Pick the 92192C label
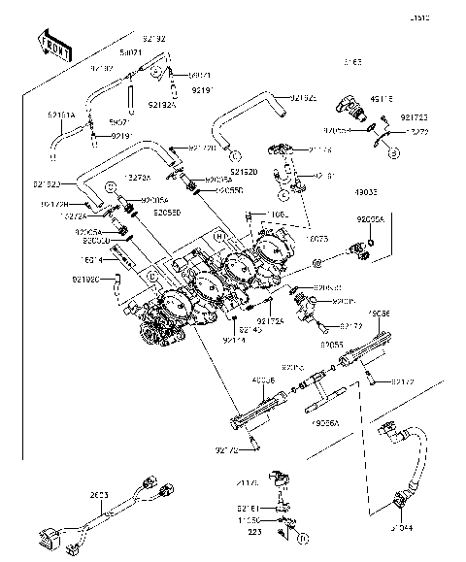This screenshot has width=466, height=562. tap(85, 280)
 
